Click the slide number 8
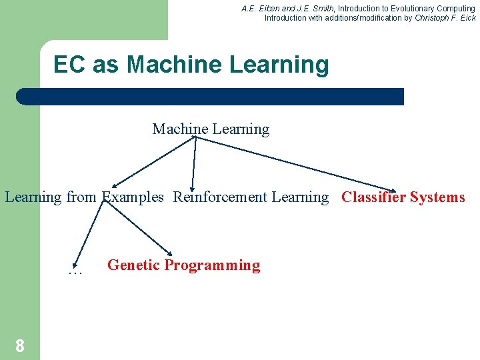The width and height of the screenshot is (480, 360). [20, 346]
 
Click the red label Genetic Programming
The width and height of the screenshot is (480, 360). [183, 265]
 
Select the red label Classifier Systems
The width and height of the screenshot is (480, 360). [403, 197]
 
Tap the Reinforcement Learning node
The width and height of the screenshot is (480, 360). [251, 197]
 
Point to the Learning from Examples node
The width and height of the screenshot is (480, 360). [84, 197]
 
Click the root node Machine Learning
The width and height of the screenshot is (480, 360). [211, 129]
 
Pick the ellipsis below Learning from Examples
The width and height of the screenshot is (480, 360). [75, 271]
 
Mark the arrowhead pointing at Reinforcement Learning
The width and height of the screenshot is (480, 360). [193, 188]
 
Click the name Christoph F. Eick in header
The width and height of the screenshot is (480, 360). [445, 18]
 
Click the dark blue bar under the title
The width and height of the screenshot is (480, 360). [210, 97]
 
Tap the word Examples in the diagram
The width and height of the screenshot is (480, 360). [133, 197]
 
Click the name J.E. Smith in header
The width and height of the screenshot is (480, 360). [313, 9]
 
